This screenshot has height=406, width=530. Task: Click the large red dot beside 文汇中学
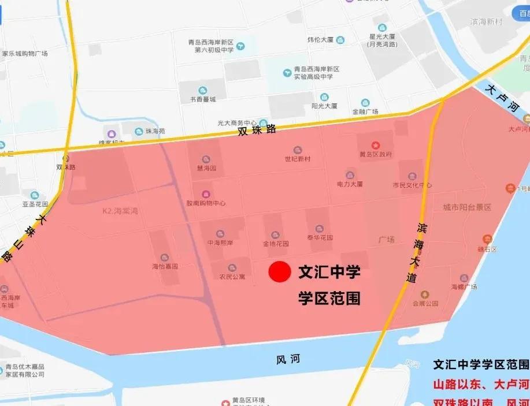pos(279,272)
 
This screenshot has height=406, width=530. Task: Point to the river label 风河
pos(288,359)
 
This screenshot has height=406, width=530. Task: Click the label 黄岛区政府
pos(376,154)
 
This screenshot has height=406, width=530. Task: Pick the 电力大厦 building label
pos(350,184)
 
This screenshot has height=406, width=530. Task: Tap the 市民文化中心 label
pos(412,185)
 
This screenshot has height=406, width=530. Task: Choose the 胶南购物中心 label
pos(206,203)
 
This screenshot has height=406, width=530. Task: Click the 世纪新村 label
pos(298,158)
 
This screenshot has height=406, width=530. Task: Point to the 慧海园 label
pos(206,168)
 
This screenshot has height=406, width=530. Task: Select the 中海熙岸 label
pos(220,243)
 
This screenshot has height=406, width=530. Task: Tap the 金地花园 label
pos(275,244)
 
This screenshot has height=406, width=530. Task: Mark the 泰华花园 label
pos(320,237)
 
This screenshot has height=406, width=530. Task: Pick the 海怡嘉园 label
pos(165,266)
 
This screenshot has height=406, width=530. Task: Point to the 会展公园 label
pos(425,303)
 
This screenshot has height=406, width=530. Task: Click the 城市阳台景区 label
pos(467,207)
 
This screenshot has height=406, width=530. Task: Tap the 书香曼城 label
pos(202,99)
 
